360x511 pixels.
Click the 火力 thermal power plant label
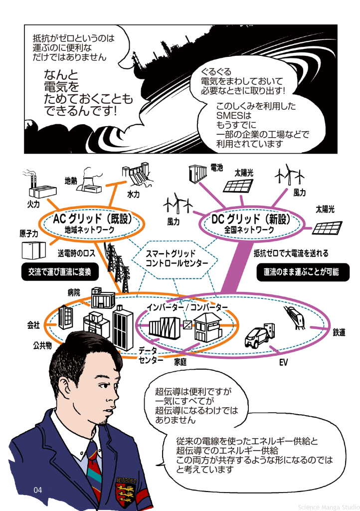pyautogui.click(x=33, y=204)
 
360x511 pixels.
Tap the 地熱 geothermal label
pyautogui.click(x=71, y=180)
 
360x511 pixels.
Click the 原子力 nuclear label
pyautogui.click(x=28, y=234)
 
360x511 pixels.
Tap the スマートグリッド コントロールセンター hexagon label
pyautogui.click(x=171, y=258)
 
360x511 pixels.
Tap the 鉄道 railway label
pyautogui.click(x=339, y=332)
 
